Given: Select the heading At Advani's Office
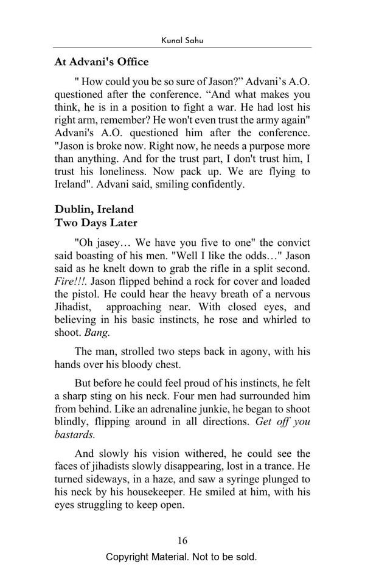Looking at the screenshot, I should [102, 61].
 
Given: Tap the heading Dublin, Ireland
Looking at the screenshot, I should [94, 209].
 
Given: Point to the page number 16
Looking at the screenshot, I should [182, 540].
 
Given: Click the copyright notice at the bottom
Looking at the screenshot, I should [181, 557].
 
